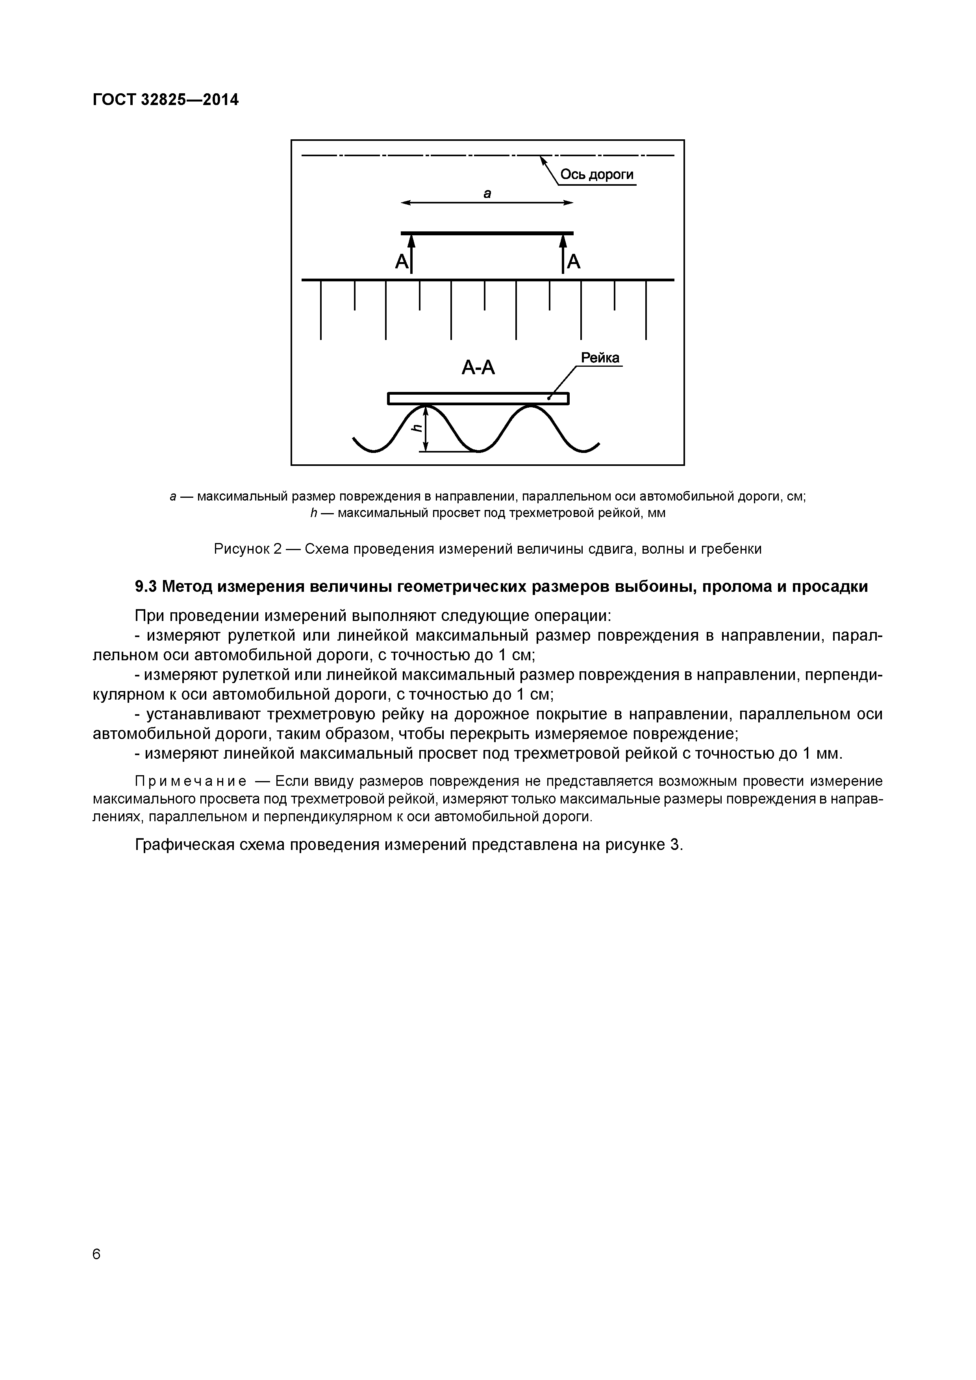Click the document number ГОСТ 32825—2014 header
tap(165, 100)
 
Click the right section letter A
tap(574, 262)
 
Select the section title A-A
tap(478, 367)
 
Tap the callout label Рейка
tap(600, 358)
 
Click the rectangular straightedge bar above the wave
tap(478, 399)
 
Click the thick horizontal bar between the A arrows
tap(487, 233)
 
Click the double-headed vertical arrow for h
tap(426, 428)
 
